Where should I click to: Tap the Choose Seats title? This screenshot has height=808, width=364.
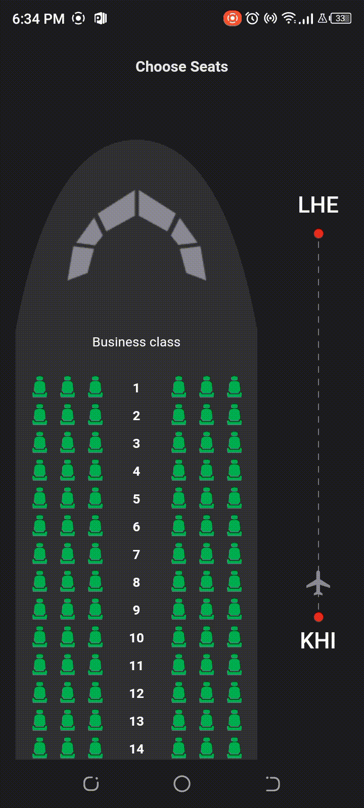(x=181, y=67)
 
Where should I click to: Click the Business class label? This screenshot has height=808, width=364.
(x=136, y=342)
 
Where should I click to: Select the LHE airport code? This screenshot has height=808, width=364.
(x=318, y=205)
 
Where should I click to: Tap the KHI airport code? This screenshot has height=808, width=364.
(x=318, y=641)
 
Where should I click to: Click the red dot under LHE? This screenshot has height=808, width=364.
(x=318, y=233)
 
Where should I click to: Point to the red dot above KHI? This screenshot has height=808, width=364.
(x=318, y=617)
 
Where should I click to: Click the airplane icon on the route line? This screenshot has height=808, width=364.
(x=318, y=583)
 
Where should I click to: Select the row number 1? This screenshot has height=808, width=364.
(x=136, y=388)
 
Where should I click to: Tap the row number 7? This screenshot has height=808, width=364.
(x=136, y=554)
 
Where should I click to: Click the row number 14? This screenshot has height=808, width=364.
(x=136, y=749)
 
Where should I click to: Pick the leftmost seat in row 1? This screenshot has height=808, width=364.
(x=40, y=387)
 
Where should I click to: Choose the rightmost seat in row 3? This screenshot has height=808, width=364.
(x=234, y=442)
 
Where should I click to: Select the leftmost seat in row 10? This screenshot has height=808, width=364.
(x=40, y=637)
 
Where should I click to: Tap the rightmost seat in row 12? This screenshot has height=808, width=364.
(x=234, y=692)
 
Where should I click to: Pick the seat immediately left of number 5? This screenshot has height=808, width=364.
(x=96, y=498)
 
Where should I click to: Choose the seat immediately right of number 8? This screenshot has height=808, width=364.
(x=178, y=581)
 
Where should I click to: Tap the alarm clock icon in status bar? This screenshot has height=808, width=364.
(x=252, y=19)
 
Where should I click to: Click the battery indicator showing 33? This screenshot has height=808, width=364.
(x=341, y=19)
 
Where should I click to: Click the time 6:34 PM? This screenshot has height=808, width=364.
(x=38, y=19)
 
